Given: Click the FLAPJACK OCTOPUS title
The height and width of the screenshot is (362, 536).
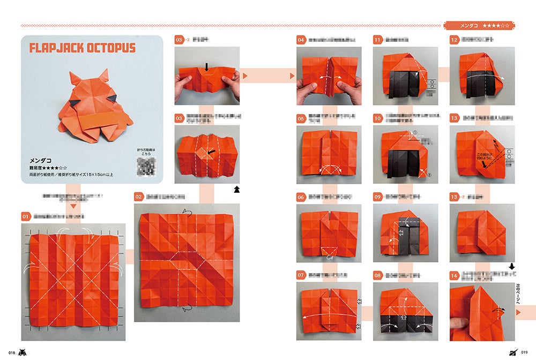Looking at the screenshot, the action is [82, 48].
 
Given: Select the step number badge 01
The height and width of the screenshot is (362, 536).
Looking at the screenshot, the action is [26, 216].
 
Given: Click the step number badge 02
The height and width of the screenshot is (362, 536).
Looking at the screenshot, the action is [139, 197].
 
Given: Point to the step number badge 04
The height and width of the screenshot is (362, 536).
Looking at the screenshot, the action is [302, 40].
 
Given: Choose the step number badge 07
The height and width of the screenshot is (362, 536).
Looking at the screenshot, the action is [302, 275].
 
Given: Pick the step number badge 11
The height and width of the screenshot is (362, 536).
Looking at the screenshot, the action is [378, 40].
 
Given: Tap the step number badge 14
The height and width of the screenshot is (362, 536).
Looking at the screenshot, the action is [455, 275].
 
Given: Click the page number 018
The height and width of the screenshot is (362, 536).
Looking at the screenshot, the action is [10, 352].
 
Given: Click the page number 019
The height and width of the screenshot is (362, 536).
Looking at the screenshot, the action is [524, 352].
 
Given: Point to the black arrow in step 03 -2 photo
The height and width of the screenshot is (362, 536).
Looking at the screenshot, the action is [206, 67].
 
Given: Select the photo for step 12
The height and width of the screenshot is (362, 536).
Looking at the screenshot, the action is [482, 72].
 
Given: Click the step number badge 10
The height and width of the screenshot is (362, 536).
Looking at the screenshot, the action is [378, 118].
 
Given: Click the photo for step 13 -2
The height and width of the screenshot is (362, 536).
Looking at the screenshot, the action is [482, 229].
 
